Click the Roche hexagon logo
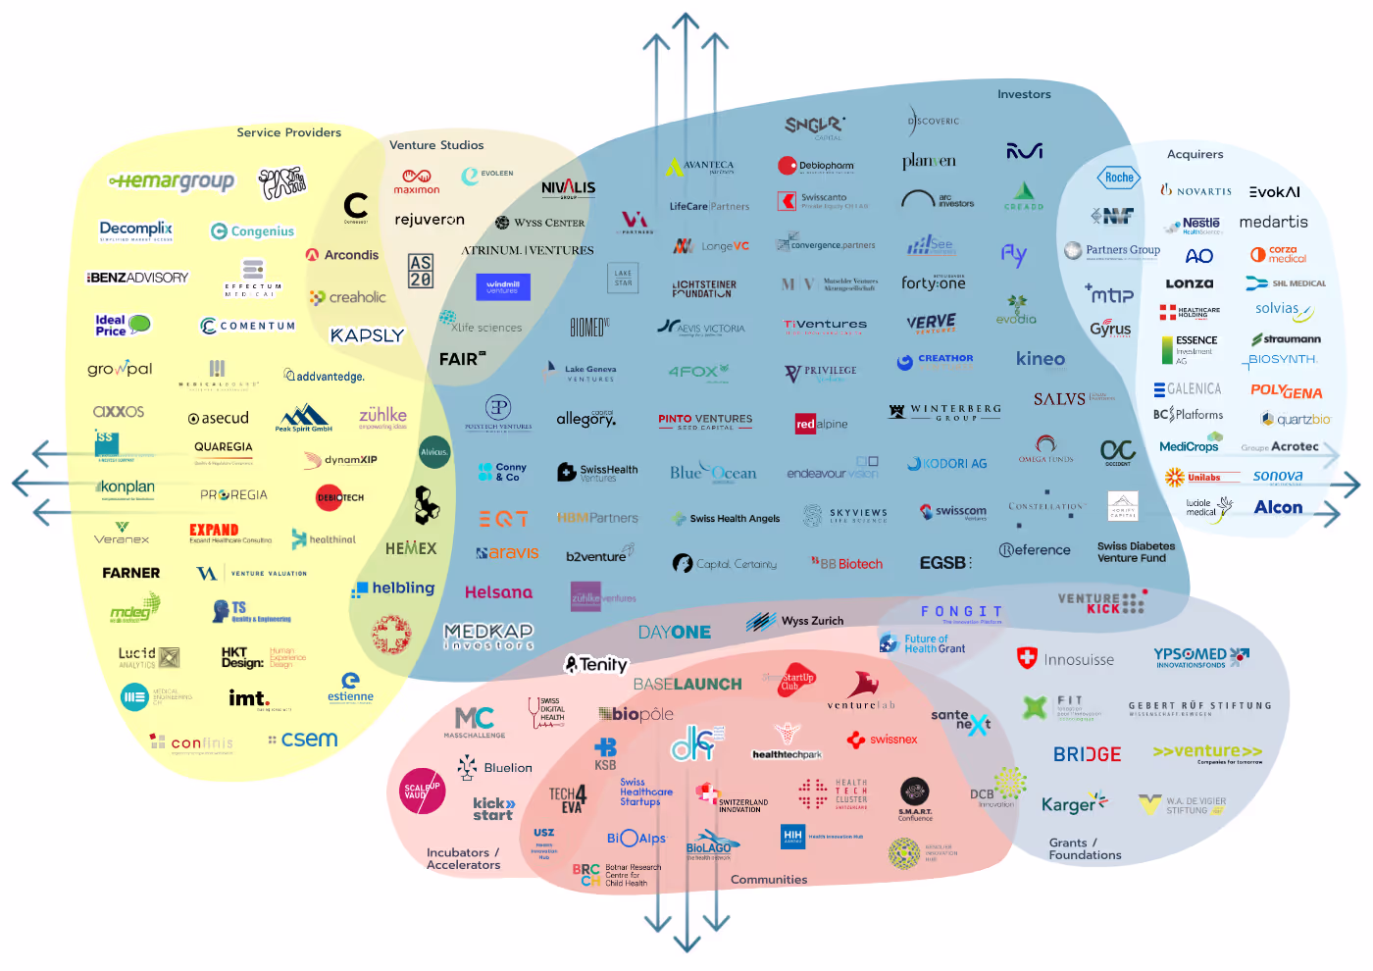1119,178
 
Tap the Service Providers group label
288,132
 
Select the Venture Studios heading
436,145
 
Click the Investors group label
1024,94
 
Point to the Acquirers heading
1195,154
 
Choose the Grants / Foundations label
1085,848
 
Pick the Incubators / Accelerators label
463,858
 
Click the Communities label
769,880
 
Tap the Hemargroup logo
173,181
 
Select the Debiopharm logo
816,166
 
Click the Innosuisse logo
1066,659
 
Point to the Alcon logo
1278,507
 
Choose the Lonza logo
1190,283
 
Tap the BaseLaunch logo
687,684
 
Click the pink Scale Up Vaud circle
423,791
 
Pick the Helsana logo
498,592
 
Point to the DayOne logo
675,633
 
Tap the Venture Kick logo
1101,603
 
